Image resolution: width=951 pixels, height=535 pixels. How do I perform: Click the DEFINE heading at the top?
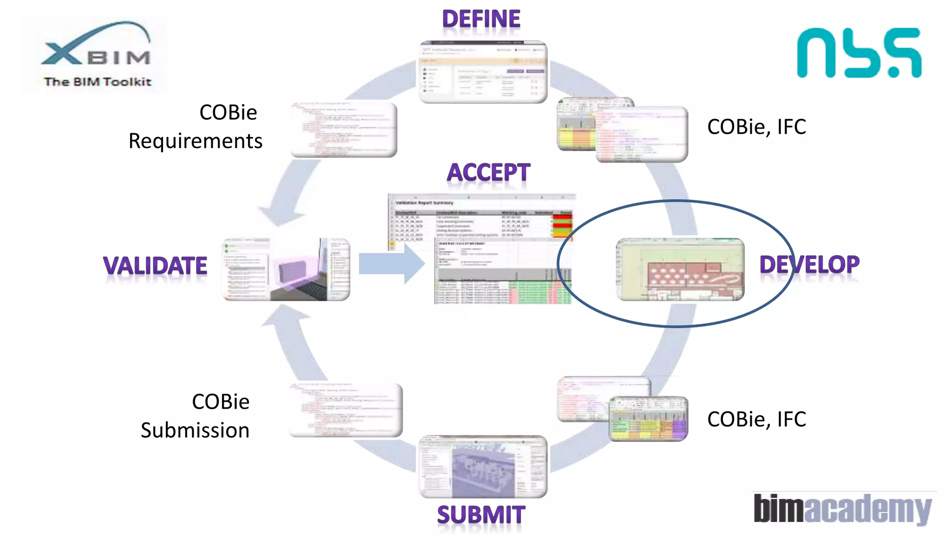(481, 20)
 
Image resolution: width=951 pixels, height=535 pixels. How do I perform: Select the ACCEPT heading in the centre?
(488, 173)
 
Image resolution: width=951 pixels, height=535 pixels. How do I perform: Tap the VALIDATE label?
(155, 266)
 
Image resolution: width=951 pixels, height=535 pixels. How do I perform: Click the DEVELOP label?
(809, 265)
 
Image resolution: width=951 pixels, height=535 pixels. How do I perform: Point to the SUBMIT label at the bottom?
(481, 515)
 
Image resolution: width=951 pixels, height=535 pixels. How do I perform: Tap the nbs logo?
(859, 52)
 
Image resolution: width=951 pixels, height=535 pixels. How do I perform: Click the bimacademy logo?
(842, 509)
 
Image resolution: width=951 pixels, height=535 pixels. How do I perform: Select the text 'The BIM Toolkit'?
(98, 82)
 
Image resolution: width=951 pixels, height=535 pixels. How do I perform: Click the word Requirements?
(195, 141)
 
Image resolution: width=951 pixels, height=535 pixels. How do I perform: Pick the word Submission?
(195, 431)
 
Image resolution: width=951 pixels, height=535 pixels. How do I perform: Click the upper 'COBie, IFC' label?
(756, 127)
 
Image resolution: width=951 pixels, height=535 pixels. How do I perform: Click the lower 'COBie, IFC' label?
(756, 419)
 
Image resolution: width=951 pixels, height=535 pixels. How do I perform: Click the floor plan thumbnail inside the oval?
(680, 269)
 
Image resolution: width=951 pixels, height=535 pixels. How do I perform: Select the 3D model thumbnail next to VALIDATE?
(286, 269)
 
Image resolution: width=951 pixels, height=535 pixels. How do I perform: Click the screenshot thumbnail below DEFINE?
(483, 72)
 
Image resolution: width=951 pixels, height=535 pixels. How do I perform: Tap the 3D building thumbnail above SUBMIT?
(483, 466)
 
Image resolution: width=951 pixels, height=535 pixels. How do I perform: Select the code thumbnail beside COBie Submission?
(345, 410)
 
